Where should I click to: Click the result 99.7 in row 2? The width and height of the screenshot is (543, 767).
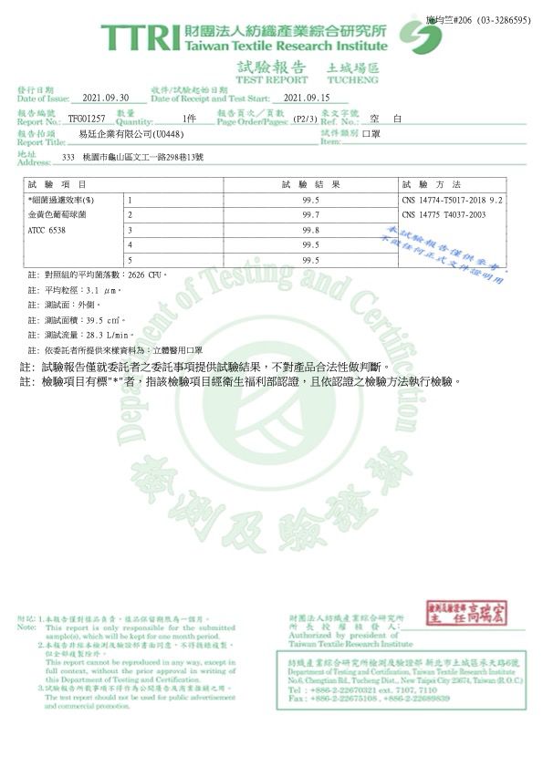(x=310, y=214)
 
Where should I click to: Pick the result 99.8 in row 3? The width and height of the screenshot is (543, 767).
(x=310, y=230)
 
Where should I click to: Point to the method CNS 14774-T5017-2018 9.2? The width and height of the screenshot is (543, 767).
(x=452, y=200)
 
